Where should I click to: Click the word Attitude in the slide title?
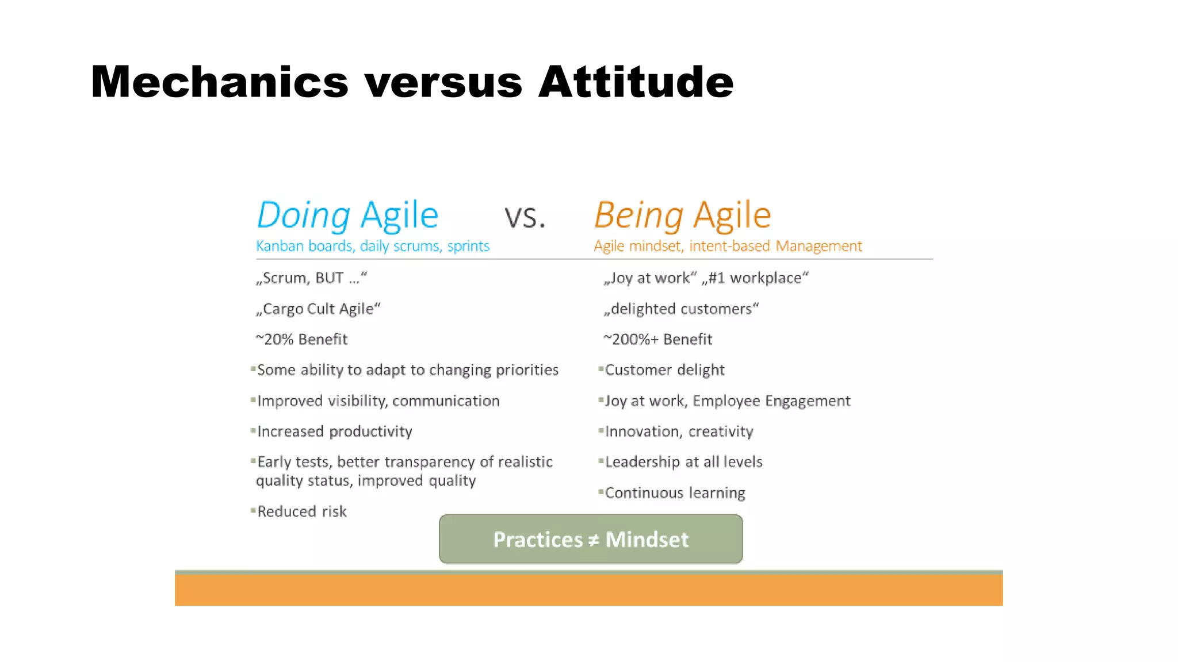tap(636, 82)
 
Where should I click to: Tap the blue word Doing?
tap(303, 216)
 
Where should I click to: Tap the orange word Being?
tap(639, 216)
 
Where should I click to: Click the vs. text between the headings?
tap(525, 217)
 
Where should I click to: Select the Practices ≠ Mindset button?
tap(591, 539)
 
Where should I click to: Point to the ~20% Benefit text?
tap(301, 340)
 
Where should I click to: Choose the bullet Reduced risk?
tap(301, 511)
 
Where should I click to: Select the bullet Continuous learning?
tap(675, 493)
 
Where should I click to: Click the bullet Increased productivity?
tap(334, 432)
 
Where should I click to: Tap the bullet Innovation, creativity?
tap(679, 432)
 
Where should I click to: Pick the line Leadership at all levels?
tap(683, 462)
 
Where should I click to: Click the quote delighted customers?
tap(681, 309)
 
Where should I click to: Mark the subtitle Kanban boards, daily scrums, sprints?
tap(372, 247)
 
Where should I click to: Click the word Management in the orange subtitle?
tap(819, 247)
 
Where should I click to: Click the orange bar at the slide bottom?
tap(588, 590)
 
